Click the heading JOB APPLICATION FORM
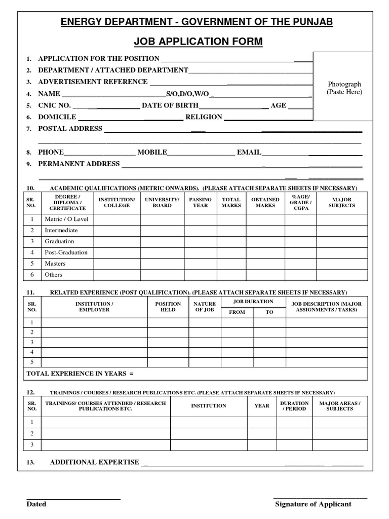click(194, 41)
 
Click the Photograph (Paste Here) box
click(344, 87)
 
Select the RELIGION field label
click(204, 117)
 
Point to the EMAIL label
click(249, 152)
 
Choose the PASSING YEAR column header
click(201, 203)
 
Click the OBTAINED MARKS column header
click(265, 203)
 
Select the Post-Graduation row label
click(66, 252)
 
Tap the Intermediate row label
click(61, 230)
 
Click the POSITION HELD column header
click(168, 307)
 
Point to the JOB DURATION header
click(253, 302)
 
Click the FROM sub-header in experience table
click(237, 312)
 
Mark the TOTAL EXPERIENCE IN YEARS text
click(80, 374)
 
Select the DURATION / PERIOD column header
click(294, 406)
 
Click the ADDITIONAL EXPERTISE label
click(94, 462)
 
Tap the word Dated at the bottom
click(36, 504)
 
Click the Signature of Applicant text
click(313, 504)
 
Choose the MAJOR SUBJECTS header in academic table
click(341, 203)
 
